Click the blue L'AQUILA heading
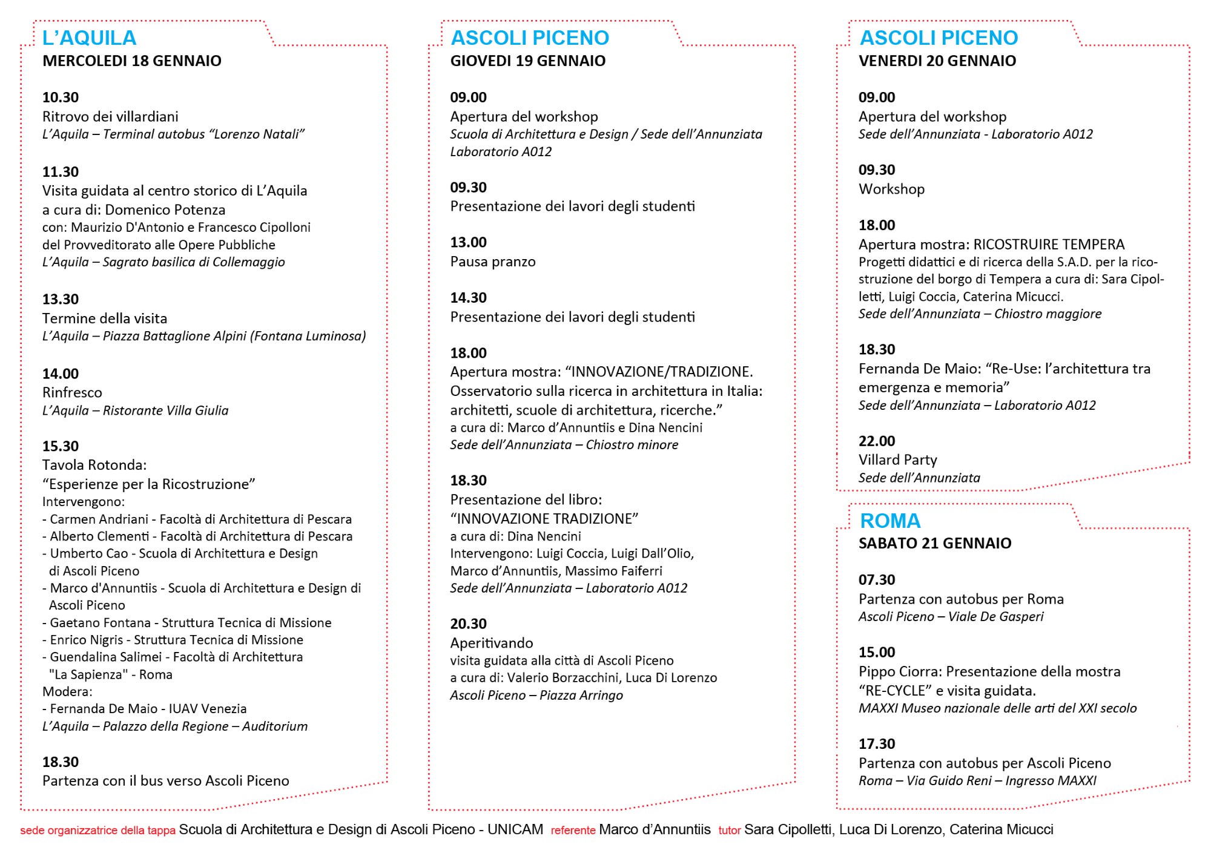click(x=89, y=38)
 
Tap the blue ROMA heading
click(x=890, y=521)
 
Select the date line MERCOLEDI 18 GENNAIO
click(x=132, y=61)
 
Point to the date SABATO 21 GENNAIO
click(x=935, y=543)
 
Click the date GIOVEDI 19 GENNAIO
click(x=527, y=61)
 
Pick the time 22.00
click(x=877, y=441)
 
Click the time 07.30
click(x=877, y=579)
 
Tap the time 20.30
click(x=468, y=624)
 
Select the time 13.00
click(x=468, y=242)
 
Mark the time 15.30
click(x=61, y=446)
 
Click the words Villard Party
click(x=897, y=460)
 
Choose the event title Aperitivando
click(x=492, y=643)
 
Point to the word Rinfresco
click(x=72, y=392)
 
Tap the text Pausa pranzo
click(x=493, y=262)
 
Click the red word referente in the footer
click(x=573, y=831)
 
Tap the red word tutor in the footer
click(x=730, y=831)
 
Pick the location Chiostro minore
click(x=632, y=445)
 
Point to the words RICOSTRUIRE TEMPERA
click(x=1049, y=245)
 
